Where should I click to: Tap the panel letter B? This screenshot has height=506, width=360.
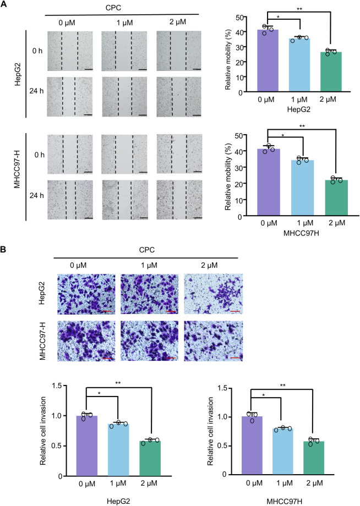[x=3, y=250]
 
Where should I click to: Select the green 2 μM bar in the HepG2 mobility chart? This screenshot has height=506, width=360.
[x=331, y=72]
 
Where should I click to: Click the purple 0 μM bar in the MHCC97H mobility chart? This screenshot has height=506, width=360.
[x=269, y=182]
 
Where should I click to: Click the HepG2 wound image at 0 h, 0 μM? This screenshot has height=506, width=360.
[x=70, y=51]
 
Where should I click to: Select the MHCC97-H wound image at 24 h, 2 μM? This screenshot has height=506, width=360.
[x=179, y=200]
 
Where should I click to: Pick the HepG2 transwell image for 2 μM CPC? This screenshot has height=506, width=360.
[x=213, y=294]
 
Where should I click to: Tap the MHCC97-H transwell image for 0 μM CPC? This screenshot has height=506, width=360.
[x=86, y=341]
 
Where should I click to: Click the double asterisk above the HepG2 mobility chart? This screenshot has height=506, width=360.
[x=299, y=9]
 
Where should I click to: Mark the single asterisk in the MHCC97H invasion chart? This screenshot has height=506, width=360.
[x=264, y=395]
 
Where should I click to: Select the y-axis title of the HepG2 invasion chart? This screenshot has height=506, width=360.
[x=43, y=431]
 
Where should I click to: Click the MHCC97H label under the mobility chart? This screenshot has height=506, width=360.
[x=301, y=233]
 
